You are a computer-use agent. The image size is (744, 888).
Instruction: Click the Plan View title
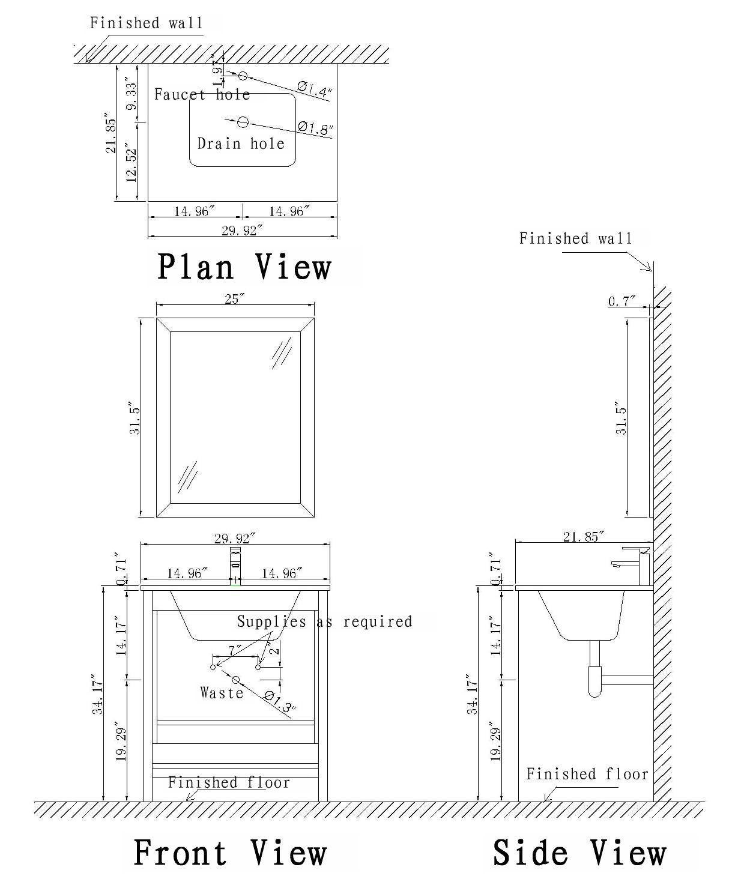point(244,267)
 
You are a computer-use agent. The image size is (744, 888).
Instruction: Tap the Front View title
point(229,853)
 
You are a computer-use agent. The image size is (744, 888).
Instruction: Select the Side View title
point(579,853)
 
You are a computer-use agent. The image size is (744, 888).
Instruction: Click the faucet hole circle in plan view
point(243,76)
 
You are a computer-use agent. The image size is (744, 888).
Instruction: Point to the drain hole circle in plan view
point(243,122)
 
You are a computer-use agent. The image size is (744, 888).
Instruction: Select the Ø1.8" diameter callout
point(315,127)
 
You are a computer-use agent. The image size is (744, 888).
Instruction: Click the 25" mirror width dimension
point(232,299)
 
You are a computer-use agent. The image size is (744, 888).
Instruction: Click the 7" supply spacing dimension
point(235,650)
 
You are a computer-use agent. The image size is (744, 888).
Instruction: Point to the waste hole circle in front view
point(236,680)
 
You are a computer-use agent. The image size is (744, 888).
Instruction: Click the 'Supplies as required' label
point(324,621)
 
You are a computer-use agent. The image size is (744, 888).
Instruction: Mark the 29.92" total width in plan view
point(242,231)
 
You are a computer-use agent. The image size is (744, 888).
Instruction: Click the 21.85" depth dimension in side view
point(583,537)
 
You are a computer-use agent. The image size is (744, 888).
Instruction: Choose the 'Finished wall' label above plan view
point(147,23)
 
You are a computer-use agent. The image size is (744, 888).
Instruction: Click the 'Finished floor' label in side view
point(587,774)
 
